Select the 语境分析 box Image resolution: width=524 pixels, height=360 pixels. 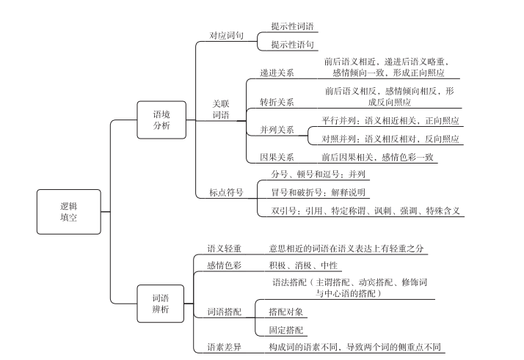(x=161, y=120)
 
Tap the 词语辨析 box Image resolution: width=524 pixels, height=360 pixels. (x=161, y=304)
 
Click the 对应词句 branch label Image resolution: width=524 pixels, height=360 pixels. (x=226, y=35)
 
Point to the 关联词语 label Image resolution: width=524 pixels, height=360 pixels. (x=221, y=110)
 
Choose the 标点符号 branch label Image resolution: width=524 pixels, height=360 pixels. (x=226, y=192)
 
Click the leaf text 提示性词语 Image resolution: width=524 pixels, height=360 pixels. (x=293, y=26)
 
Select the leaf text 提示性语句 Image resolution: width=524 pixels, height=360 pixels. (x=293, y=45)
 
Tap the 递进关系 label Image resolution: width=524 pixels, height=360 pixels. (x=277, y=73)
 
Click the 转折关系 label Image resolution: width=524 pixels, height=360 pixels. (x=277, y=102)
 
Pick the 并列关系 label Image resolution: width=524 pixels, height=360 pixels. (x=277, y=130)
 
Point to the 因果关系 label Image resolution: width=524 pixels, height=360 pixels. (x=277, y=157)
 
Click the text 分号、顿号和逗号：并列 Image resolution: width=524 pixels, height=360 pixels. (x=319, y=174)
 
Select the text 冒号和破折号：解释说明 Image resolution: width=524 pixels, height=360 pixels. (x=319, y=192)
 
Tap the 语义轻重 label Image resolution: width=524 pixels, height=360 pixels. (x=224, y=249)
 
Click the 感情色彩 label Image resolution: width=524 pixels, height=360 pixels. (x=224, y=265)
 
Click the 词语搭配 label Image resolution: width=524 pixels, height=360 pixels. (x=224, y=312)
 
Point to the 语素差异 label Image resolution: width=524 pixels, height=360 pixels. (x=224, y=347)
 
